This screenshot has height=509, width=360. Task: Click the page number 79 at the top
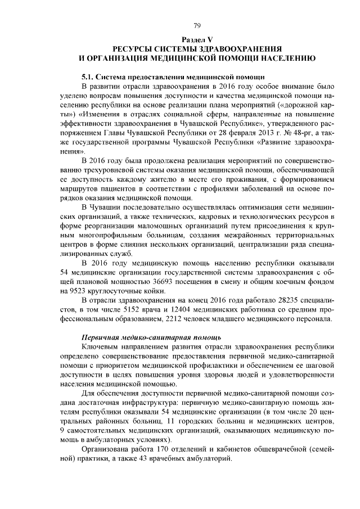pyautogui.click(x=197, y=25)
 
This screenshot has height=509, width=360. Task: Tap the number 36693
pyautogui.click(x=165, y=282)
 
